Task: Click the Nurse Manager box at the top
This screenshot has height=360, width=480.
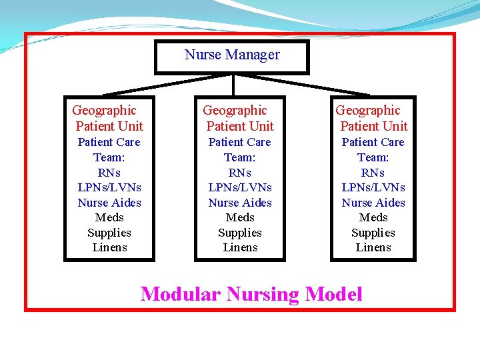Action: [232, 57]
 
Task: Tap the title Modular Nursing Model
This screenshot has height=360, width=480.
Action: [251, 293]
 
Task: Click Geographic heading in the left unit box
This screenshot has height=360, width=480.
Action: [104, 111]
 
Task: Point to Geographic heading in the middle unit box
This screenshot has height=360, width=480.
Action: [235, 111]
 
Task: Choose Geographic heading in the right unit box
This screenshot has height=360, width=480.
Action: [368, 111]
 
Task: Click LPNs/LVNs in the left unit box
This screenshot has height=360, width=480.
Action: [109, 187]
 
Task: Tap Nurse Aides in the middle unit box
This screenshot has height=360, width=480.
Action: [240, 203]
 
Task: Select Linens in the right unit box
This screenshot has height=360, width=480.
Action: [373, 247]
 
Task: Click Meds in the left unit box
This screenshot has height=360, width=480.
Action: [109, 217]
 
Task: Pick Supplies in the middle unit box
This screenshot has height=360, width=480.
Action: [240, 233]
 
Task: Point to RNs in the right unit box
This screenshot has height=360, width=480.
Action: [373, 173]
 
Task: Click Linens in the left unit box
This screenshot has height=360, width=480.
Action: [109, 247]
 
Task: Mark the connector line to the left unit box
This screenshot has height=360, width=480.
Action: [167, 85]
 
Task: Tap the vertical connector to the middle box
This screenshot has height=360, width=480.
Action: [233, 85]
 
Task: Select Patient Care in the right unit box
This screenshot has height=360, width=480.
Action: [373, 142]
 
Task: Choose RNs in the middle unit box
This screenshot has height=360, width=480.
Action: [240, 173]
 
